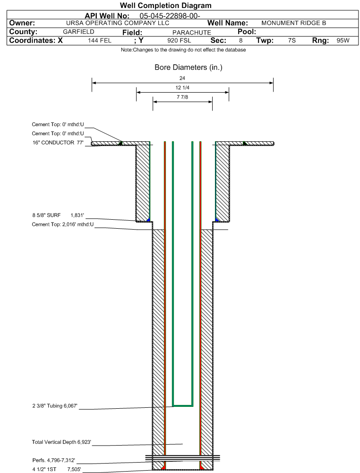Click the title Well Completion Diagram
click(165, 5)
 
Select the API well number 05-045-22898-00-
click(170, 16)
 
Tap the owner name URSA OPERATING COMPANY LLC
click(118, 23)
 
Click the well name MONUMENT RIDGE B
click(294, 23)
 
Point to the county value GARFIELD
click(79, 32)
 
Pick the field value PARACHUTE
click(192, 32)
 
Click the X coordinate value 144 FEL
click(100, 41)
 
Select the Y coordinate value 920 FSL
click(179, 41)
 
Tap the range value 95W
click(343, 41)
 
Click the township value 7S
click(291, 41)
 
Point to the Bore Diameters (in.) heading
click(189, 67)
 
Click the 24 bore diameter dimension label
click(182, 78)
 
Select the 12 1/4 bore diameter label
click(182, 87)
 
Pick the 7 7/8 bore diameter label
click(182, 97)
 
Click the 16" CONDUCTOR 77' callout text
click(58, 142)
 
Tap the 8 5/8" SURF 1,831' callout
click(58, 215)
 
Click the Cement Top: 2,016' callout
click(63, 224)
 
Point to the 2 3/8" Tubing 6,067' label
click(55, 406)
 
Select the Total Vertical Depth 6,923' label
click(61, 442)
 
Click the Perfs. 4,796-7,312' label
click(54, 460)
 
